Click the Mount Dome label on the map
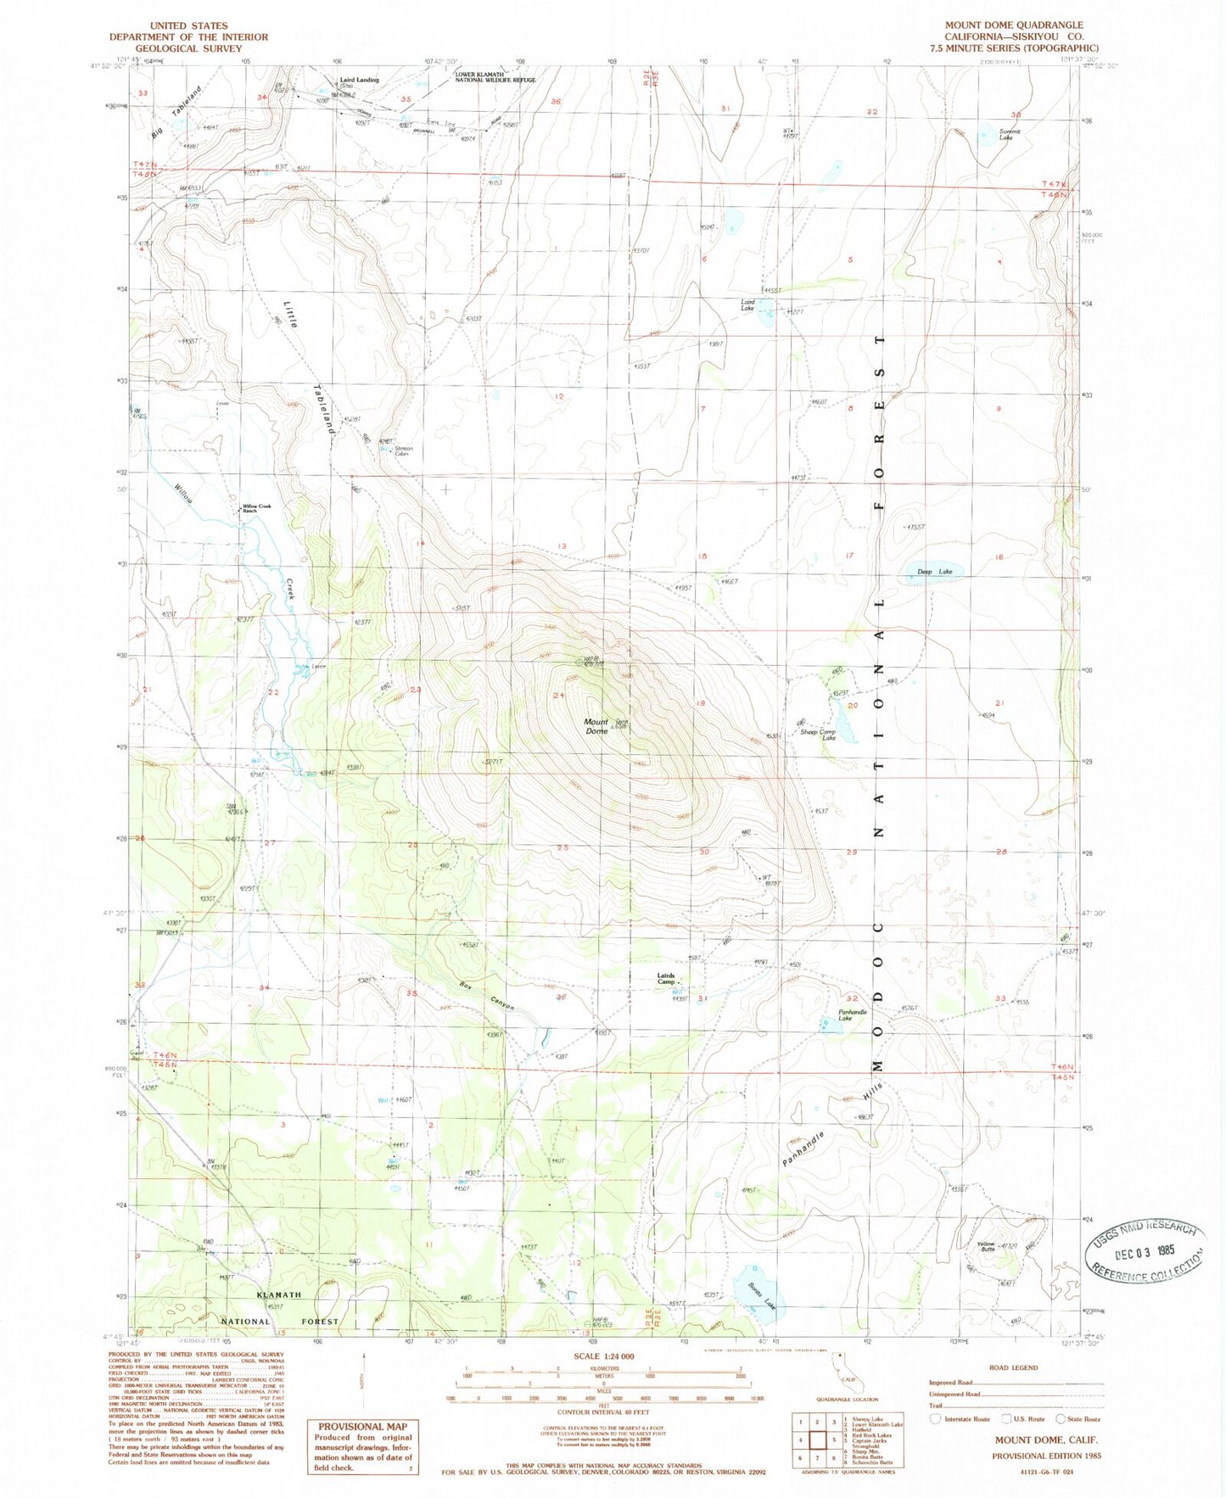[x=596, y=726]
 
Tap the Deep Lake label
[x=934, y=572]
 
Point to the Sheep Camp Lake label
[x=819, y=735]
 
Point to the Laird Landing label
[x=359, y=81]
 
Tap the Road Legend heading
[x=1018, y=1367]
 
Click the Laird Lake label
[x=747, y=305]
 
